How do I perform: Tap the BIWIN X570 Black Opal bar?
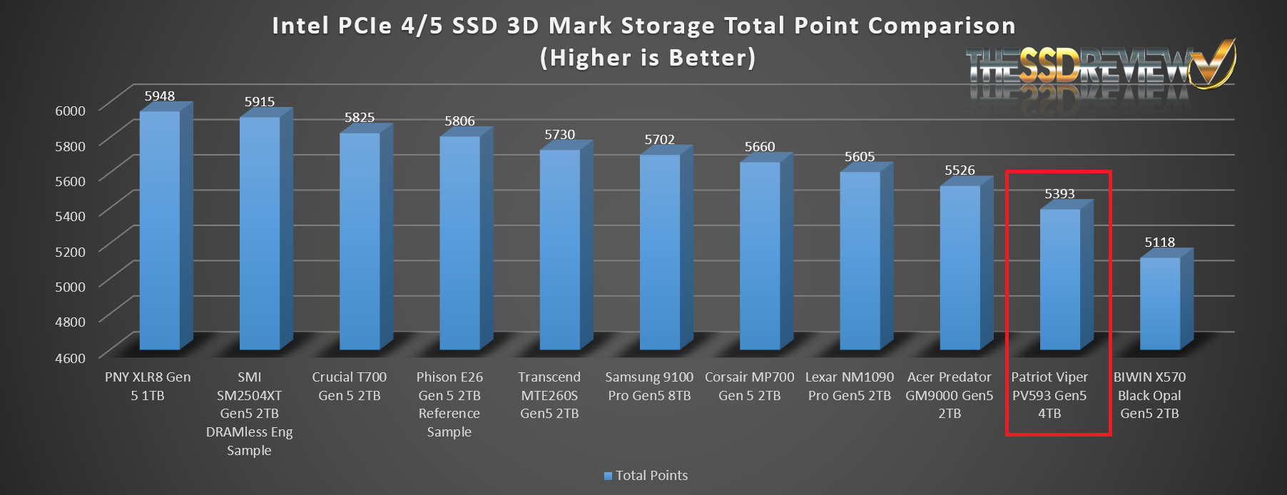[x=1160, y=303]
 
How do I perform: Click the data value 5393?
[x=1059, y=194]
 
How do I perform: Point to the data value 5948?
[x=159, y=96]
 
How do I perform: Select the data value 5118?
[x=1159, y=243]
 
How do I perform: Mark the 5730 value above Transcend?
[x=559, y=135]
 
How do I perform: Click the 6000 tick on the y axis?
[x=70, y=111]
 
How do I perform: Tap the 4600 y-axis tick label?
[x=70, y=358]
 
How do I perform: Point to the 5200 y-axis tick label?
[x=70, y=252]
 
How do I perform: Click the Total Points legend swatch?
[x=608, y=476]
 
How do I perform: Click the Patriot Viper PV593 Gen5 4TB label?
[x=1049, y=395]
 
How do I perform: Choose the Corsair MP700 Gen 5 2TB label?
[x=749, y=386]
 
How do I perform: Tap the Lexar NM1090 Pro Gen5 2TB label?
[x=849, y=386]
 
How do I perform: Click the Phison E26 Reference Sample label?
[x=449, y=404]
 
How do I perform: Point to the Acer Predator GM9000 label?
[x=949, y=395]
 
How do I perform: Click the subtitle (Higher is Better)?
[x=647, y=58]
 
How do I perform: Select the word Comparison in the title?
[x=942, y=26]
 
